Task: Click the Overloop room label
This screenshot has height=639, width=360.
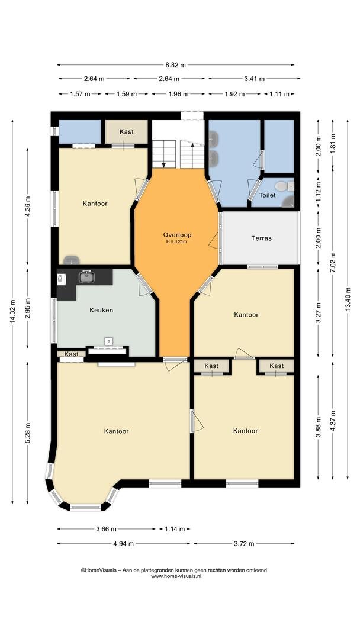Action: [178, 235]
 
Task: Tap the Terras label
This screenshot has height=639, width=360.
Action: [261, 238]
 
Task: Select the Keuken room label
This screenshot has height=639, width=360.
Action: [101, 310]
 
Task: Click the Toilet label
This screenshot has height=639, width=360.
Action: [268, 195]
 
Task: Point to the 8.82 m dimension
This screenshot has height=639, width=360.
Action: [175, 65]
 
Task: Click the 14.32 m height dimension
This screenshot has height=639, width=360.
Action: [12, 312]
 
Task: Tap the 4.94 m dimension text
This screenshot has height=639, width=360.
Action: [124, 543]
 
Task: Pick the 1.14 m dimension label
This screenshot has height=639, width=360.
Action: [175, 529]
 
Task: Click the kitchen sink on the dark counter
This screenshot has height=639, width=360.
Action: [86, 276]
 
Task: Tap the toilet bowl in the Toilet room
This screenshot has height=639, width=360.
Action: [281, 186]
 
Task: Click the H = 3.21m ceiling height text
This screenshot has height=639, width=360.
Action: [178, 241]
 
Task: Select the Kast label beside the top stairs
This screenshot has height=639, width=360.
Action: [126, 131]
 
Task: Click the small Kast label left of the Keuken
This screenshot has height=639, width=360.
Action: [71, 354]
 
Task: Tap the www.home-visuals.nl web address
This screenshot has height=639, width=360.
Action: [176, 576]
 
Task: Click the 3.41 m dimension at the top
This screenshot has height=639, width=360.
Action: [255, 79]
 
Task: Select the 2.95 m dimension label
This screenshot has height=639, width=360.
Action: [28, 308]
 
